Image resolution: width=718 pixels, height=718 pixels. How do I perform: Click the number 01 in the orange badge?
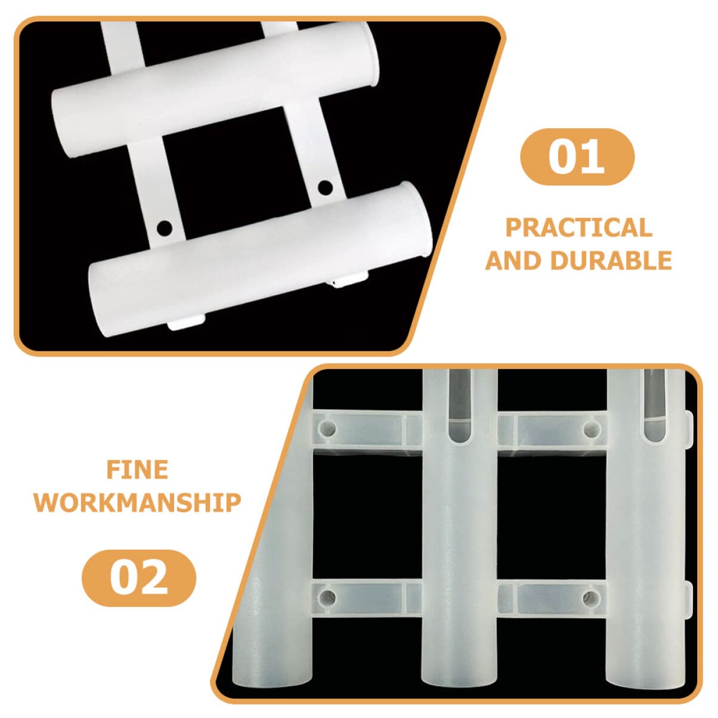pos(576,156)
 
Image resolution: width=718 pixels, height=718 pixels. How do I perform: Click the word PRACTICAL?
pos(578,227)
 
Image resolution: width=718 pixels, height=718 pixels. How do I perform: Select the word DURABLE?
pos(611,260)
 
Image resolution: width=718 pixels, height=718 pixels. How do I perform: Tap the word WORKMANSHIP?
pos(137,503)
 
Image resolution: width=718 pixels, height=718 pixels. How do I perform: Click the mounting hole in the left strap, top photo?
pos(165,228)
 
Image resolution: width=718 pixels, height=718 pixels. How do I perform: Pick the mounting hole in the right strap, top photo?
pos(325,188)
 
